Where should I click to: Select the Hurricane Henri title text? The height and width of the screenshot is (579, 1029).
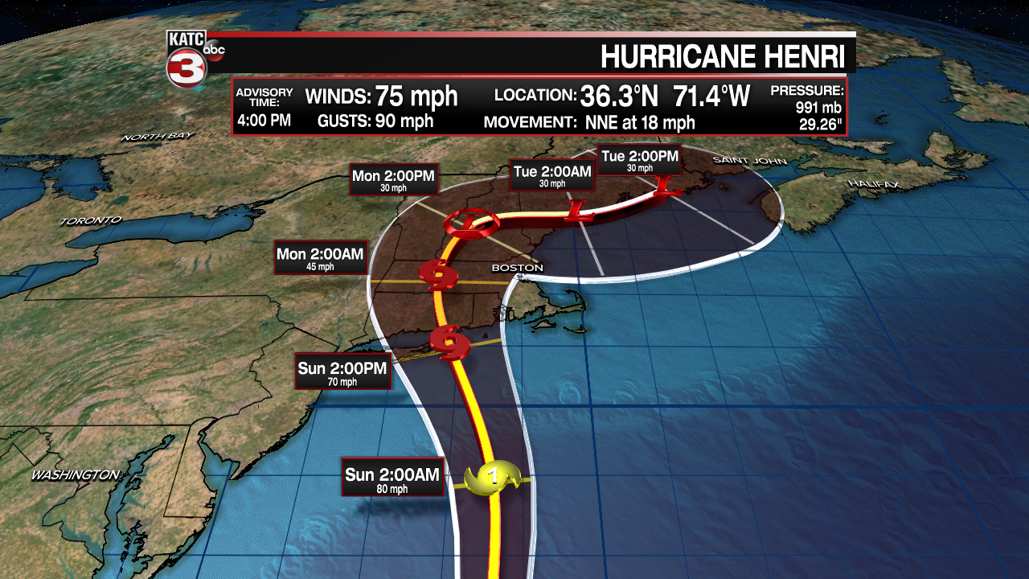pyautogui.click(x=723, y=57)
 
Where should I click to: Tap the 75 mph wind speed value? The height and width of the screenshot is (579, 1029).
pyautogui.click(x=415, y=97)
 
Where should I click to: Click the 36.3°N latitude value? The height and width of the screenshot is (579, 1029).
pyautogui.click(x=619, y=96)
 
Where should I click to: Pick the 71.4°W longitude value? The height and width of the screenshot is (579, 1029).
pyautogui.click(x=711, y=96)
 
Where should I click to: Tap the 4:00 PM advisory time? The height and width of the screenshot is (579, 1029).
pyautogui.click(x=264, y=121)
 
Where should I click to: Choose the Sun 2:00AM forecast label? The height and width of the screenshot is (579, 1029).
pyautogui.click(x=392, y=478)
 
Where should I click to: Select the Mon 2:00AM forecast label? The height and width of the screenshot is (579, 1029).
pyautogui.click(x=320, y=258)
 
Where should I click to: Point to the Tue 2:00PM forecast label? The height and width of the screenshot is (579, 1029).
pyautogui.click(x=640, y=160)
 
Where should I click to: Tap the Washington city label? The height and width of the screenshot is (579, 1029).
pyautogui.click(x=76, y=475)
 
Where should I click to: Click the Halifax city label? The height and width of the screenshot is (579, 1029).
pyautogui.click(x=874, y=184)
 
